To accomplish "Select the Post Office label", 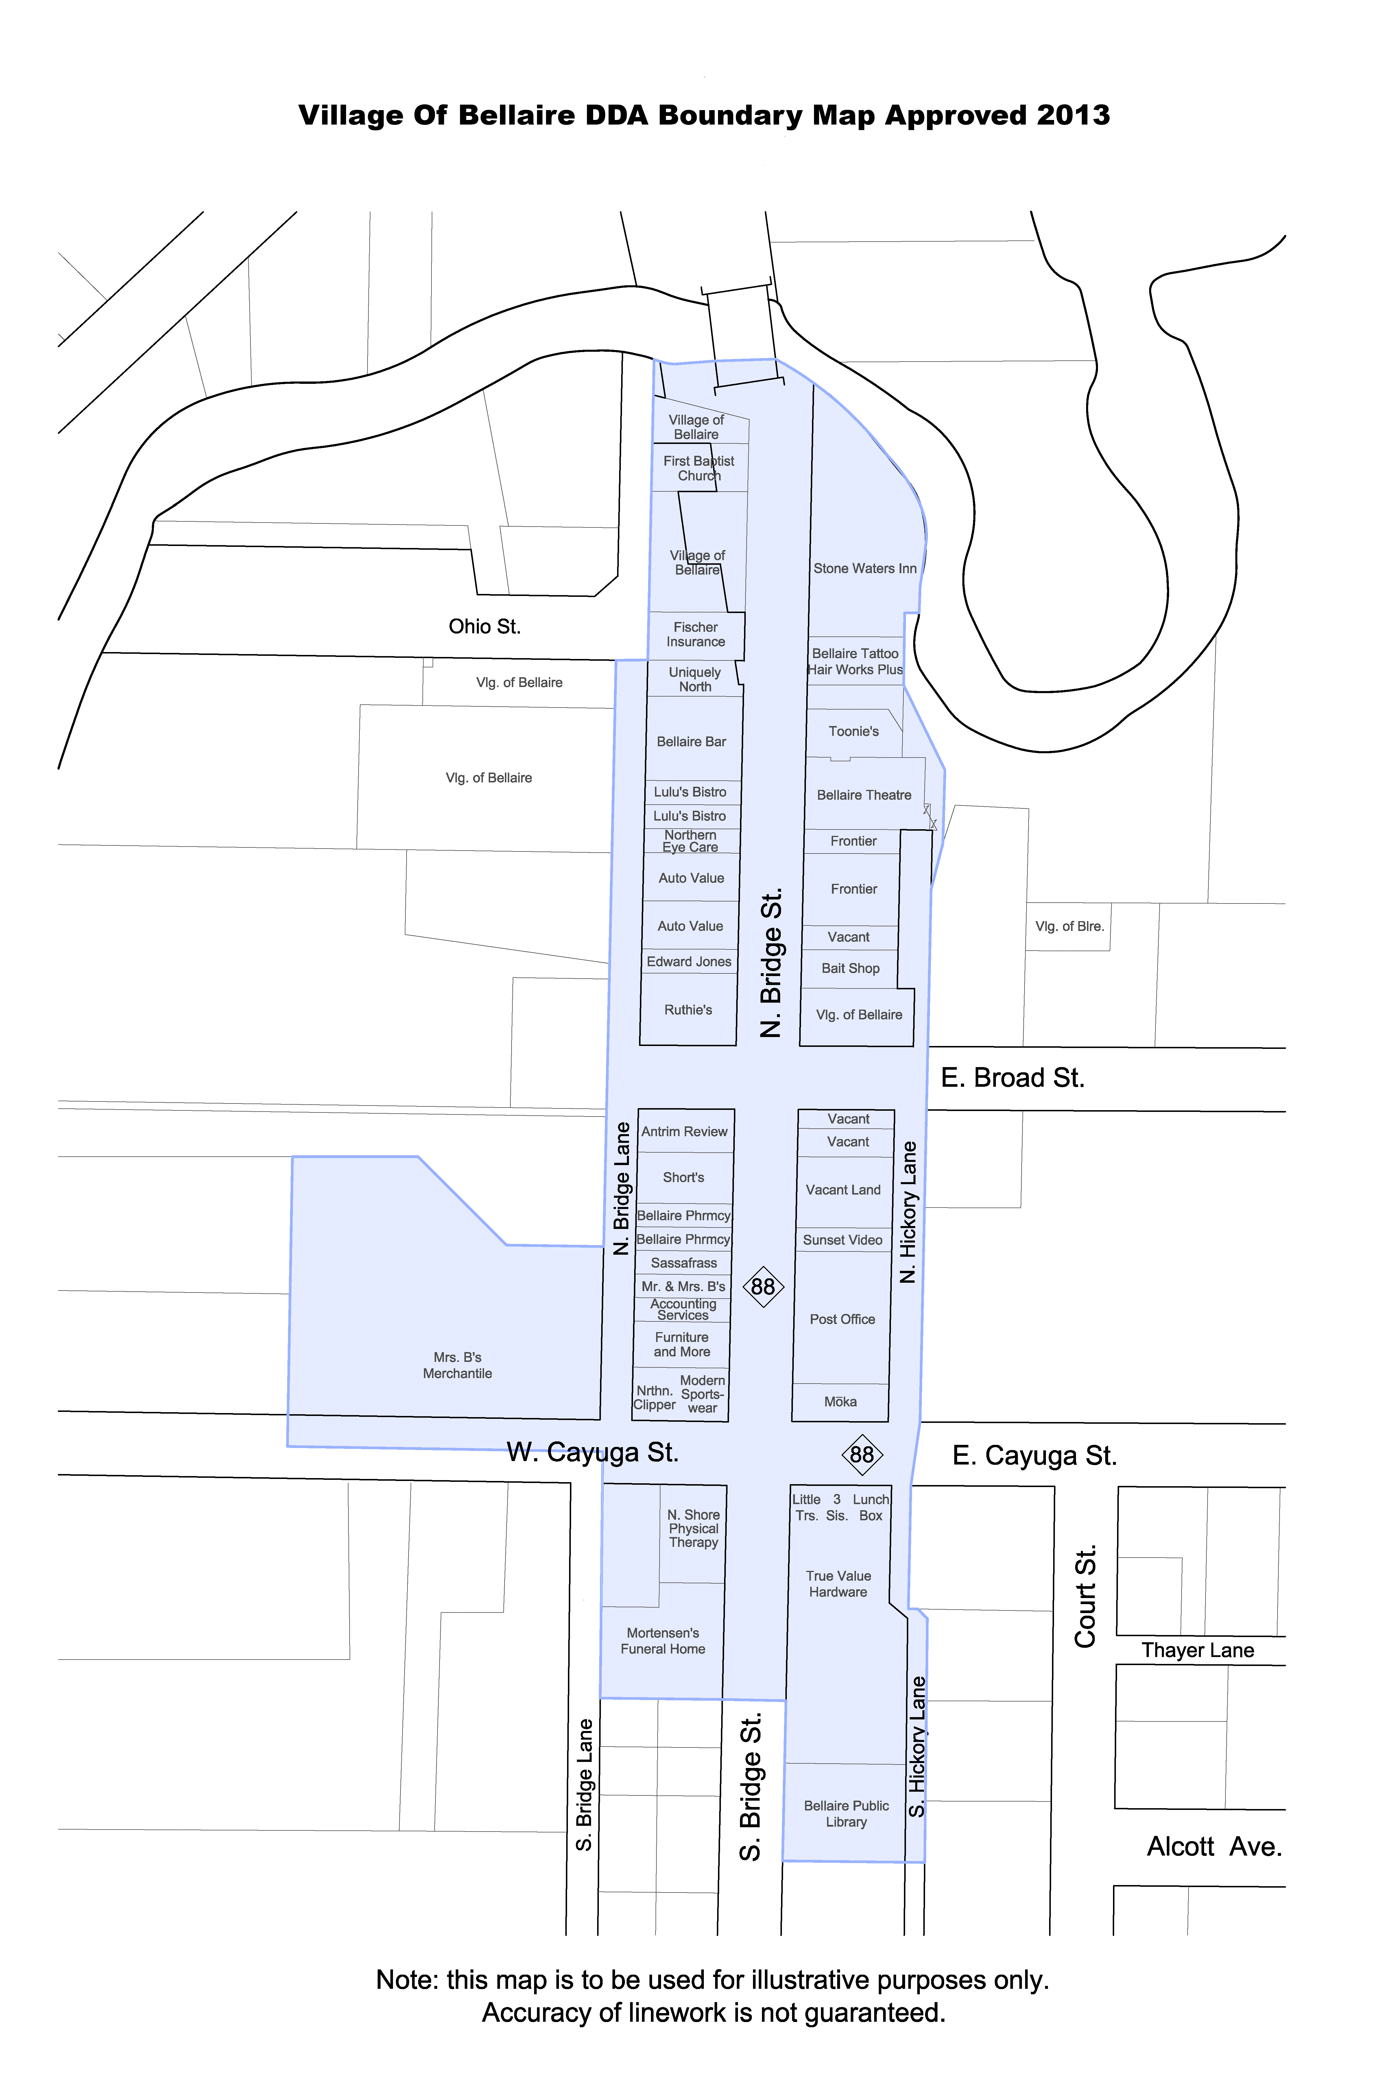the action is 842,1319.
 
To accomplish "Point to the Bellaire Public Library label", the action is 846,1814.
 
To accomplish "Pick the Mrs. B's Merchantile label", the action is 458,1365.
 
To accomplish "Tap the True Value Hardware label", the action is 838,1584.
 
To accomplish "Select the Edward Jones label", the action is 689,962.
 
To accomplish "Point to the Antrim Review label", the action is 684,1132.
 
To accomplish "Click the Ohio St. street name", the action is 484,626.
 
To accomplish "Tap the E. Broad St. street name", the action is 1013,1078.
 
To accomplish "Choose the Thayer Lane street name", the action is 1198,1650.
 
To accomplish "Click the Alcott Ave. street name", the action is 1214,1847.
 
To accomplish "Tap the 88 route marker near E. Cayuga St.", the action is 861,1455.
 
